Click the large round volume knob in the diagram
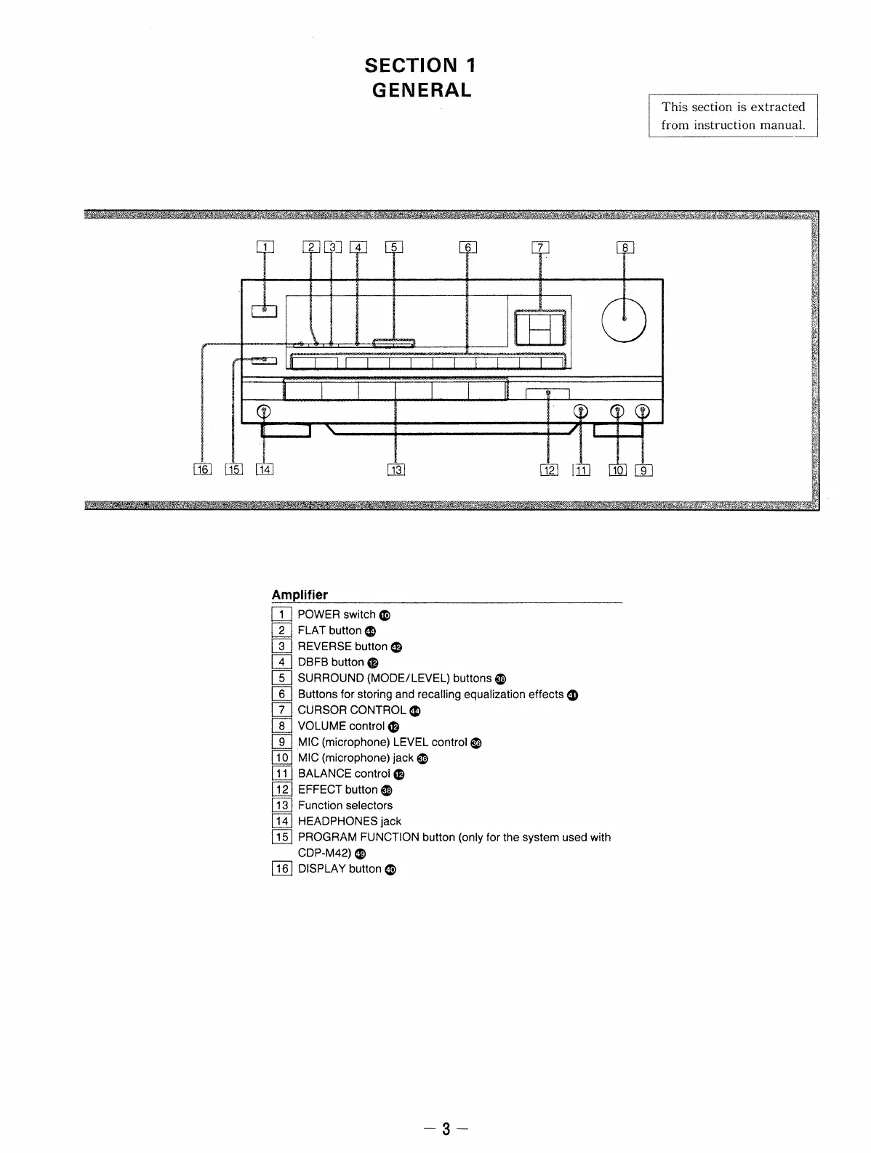625,320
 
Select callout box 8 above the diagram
625,247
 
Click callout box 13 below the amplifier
396,469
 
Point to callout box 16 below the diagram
201,469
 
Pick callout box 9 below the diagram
644,469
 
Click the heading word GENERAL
422,90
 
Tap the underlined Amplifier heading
300,595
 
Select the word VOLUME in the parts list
321,726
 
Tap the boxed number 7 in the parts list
281,710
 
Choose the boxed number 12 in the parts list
281,790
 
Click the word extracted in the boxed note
777,107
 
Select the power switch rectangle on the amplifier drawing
264,311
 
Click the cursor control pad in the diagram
540,327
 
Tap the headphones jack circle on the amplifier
264,412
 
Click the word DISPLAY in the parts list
320,868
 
